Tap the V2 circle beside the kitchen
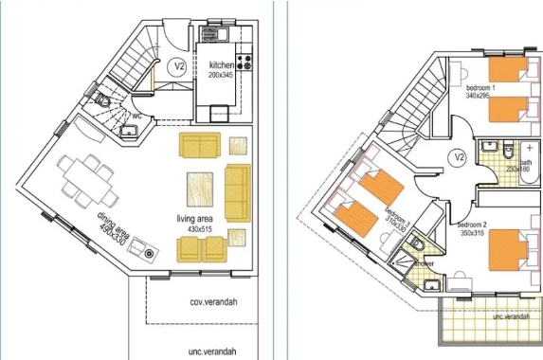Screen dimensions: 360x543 point(177,67)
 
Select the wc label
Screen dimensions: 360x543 point(137,116)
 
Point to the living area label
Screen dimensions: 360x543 point(195,219)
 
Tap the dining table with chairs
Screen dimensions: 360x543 point(87,179)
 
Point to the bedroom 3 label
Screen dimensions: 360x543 point(395,218)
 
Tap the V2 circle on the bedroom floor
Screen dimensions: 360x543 point(459,156)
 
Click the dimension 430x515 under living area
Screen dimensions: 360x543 point(195,228)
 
